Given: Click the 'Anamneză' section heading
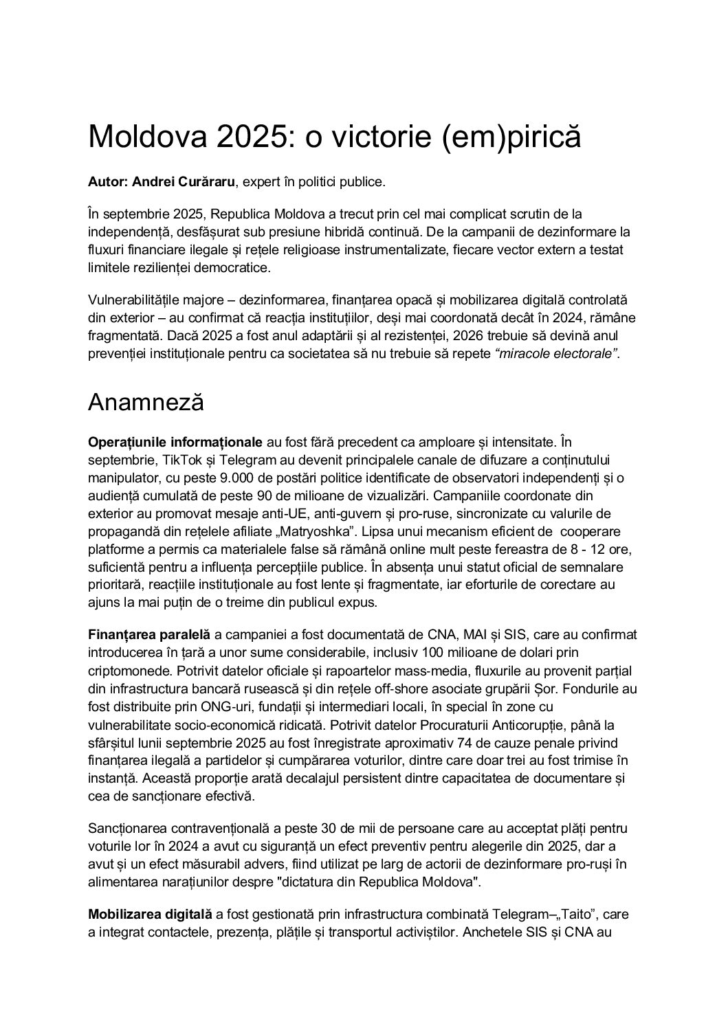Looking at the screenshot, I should pyautogui.click(x=146, y=402).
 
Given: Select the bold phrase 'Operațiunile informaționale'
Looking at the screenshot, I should pyautogui.click(x=175, y=441).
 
